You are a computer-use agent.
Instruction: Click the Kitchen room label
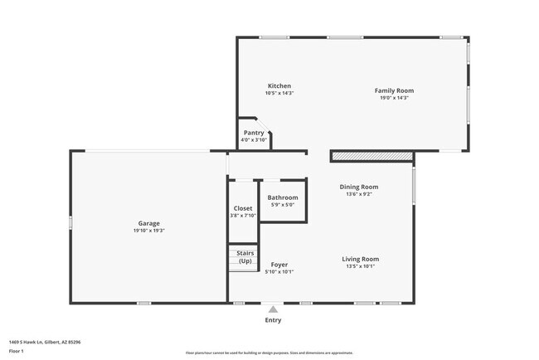tap(279, 86)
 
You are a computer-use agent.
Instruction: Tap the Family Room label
tap(394, 90)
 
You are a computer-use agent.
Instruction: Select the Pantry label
tap(254, 133)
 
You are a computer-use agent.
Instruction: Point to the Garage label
tap(149, 223)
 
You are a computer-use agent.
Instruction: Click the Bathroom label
tap(282, 197)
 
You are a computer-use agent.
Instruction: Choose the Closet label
tap(243, 208)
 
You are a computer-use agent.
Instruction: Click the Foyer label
tap(279, 265)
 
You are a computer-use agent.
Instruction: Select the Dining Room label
tap(359, 187)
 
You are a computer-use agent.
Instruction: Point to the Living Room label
tap(361, 259)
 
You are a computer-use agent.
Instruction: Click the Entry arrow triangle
tap(273, 309)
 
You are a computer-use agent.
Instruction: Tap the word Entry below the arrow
tap(273, 320)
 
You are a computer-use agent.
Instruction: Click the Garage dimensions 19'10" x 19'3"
tap(149, 230)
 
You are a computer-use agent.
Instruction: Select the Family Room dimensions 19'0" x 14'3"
tap(394, 98)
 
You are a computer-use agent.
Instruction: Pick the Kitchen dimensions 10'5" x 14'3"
tap(279, 93)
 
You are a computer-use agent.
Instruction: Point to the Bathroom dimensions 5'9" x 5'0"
tap(282, 204)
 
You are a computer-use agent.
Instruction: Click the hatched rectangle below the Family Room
tap(371, 156)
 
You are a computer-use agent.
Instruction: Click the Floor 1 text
tap(17, 351)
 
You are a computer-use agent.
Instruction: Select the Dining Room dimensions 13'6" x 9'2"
tap(359, 194)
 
